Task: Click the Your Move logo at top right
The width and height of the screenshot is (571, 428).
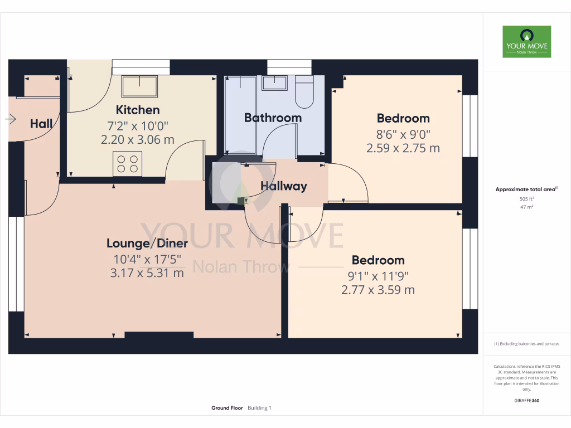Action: tap(526, 41)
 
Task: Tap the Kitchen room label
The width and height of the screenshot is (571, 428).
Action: tap(138, 110)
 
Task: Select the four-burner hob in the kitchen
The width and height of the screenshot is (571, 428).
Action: tap(127, 164)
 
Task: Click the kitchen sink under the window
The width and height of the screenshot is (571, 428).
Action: tap(139, 86)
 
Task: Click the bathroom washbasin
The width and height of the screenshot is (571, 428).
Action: tap(274, 83)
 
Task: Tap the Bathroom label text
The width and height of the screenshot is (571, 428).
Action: tap(273, 118)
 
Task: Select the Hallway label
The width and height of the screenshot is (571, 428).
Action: tap(284, 186)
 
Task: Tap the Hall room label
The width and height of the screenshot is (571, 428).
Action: tap(41, 124)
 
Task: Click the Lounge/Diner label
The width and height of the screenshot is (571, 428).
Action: tap(147, 243)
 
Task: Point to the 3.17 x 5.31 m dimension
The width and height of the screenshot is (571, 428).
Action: tap(147, 273)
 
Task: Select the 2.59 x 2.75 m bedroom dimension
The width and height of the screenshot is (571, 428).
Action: tap(403, 148)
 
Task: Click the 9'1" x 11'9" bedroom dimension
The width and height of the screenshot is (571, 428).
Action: tap(378, 275)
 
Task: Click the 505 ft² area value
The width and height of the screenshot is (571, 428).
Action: tap(526, 198)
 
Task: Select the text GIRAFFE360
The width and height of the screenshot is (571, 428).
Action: tap(526, 400)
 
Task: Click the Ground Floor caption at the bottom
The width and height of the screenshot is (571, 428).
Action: tap(227, 408)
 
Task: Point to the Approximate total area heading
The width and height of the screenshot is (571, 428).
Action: tap(526, 189)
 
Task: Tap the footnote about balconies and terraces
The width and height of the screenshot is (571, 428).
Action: tap(526, 344)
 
